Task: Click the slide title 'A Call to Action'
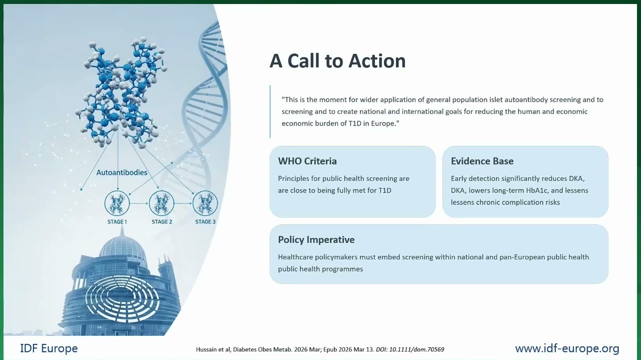(x=337, y=60)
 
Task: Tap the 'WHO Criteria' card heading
(x=307, y=161)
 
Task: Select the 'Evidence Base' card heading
(x=482, y=161)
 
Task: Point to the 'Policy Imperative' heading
(x=316, y=239)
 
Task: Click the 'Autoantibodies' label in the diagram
(x=122, y=172)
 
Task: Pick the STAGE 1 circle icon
(x=117, y=203)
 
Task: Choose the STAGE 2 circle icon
(x=161, y=203)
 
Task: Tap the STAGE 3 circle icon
(x=205, y=203)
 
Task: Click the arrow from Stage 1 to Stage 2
(x=139, y=203)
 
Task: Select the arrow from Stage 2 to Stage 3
(x=183, y=203)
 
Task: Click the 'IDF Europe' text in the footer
(x=49, y=348)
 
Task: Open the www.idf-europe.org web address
(x=567, y=348)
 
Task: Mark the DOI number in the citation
(x=416, y=349)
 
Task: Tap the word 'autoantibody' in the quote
(x=526, y=100)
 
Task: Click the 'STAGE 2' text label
(x=162, y=222)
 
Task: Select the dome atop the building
(x=122, y=248)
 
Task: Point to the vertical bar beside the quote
(x=270, y=111)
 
